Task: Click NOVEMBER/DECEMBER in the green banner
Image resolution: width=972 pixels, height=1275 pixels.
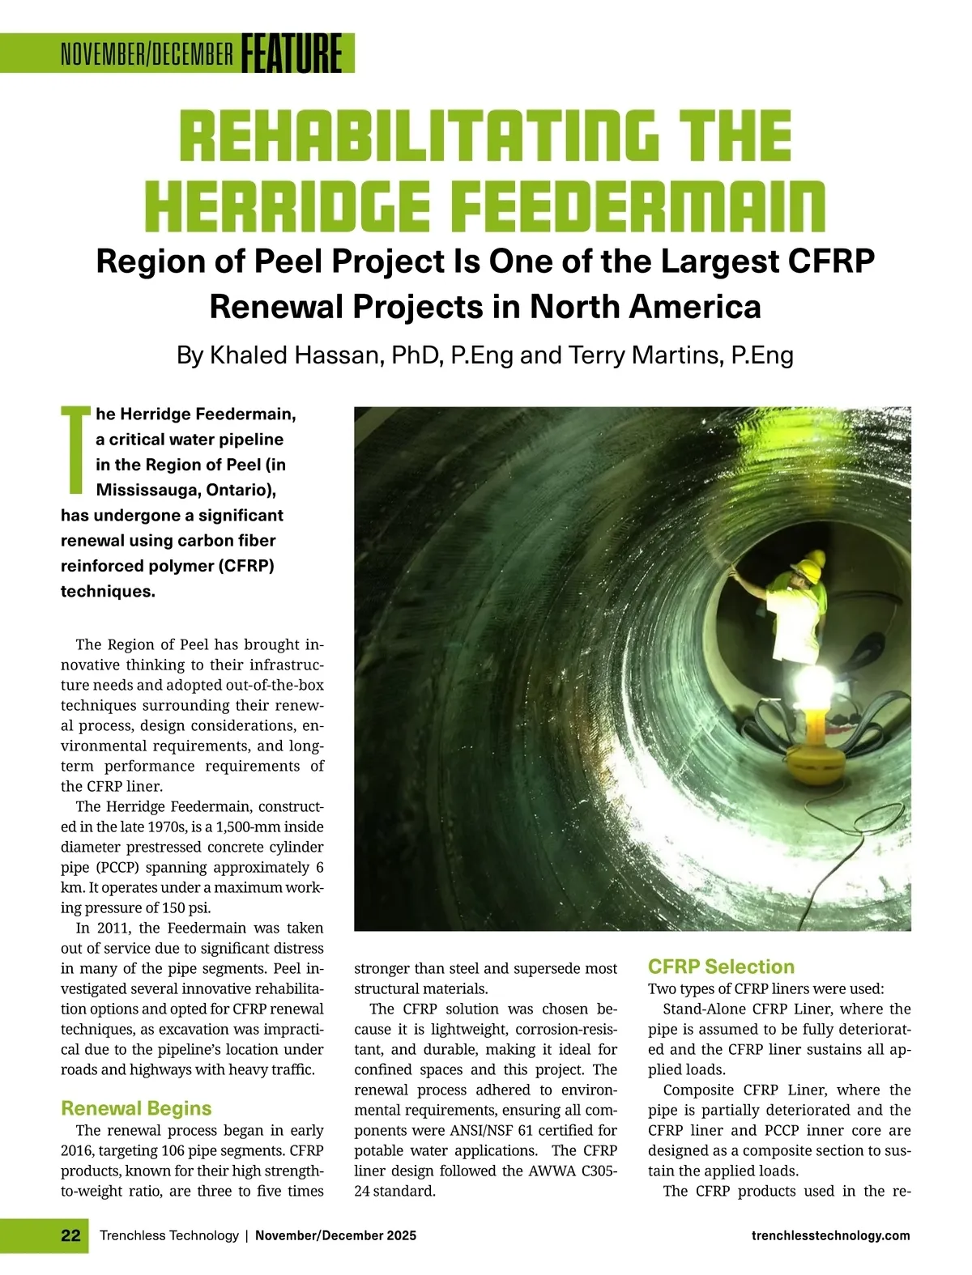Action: point(147,54)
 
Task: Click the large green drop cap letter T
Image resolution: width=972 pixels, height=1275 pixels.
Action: point(75,450)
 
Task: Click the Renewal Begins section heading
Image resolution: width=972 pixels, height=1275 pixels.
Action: point(136,1108)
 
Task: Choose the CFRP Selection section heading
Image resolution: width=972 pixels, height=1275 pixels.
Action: point(721,967)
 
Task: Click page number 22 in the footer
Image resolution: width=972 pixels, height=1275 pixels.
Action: point(70,1235)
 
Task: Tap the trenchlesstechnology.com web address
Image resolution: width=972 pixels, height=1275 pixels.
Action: point(830,1235)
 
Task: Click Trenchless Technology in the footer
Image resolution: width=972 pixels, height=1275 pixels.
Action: point(168,1235)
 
